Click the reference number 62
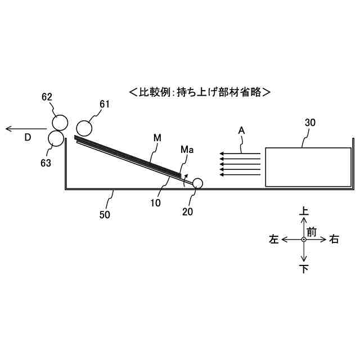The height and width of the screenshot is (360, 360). [x=47, y=97]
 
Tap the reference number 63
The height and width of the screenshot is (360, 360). [x=46, y=163]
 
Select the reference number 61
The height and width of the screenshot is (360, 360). [x=104, y=104]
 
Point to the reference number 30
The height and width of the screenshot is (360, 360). [x=310, y=122]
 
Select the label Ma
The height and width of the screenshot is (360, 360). [x=187, y=150]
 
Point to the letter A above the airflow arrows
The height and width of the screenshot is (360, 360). [x=241, y=130]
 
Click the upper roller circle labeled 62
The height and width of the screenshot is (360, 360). [x=60, y=123]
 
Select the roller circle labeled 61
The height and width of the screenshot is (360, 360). [x=84, y=128]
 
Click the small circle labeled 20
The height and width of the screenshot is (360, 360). [x=198, y=183]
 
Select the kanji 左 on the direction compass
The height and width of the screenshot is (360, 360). [x=274, y=240]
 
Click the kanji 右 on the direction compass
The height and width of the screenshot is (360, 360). [x=334, y=240]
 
